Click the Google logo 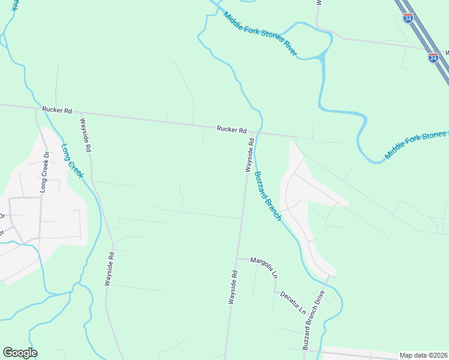(x=20, y=353)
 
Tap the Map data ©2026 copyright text (x=423, y=355)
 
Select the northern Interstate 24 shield (x=408, y=18)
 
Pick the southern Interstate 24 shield (x=433, y=58)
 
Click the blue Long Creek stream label (x=72, y=160)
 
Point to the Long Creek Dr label (x=44, y=172)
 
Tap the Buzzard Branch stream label (x=267, y=196)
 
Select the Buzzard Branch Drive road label (x=313, y=320)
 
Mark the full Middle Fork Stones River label (x=260, y=34)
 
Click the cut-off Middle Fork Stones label (x=415, y=145)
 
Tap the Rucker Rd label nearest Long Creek (x=57, y=110)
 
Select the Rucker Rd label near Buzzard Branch (x=232, y=130)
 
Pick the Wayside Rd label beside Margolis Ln (x=233, y=288)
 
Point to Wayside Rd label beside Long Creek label (x=85, y=134)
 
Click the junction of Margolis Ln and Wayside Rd (x=237, y=259)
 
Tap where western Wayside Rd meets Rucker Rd (x=79, y=112)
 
